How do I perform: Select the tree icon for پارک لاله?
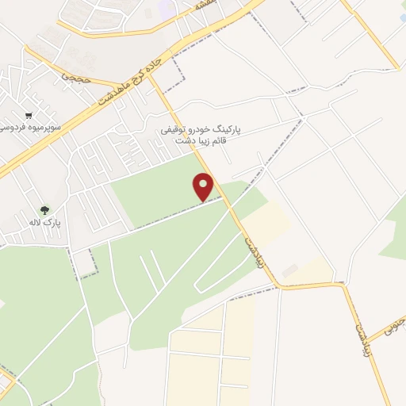(45, 211)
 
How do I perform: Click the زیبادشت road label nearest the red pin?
(253, 247)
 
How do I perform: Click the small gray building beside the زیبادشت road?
(290, 271)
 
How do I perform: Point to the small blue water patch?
(402, 17)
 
